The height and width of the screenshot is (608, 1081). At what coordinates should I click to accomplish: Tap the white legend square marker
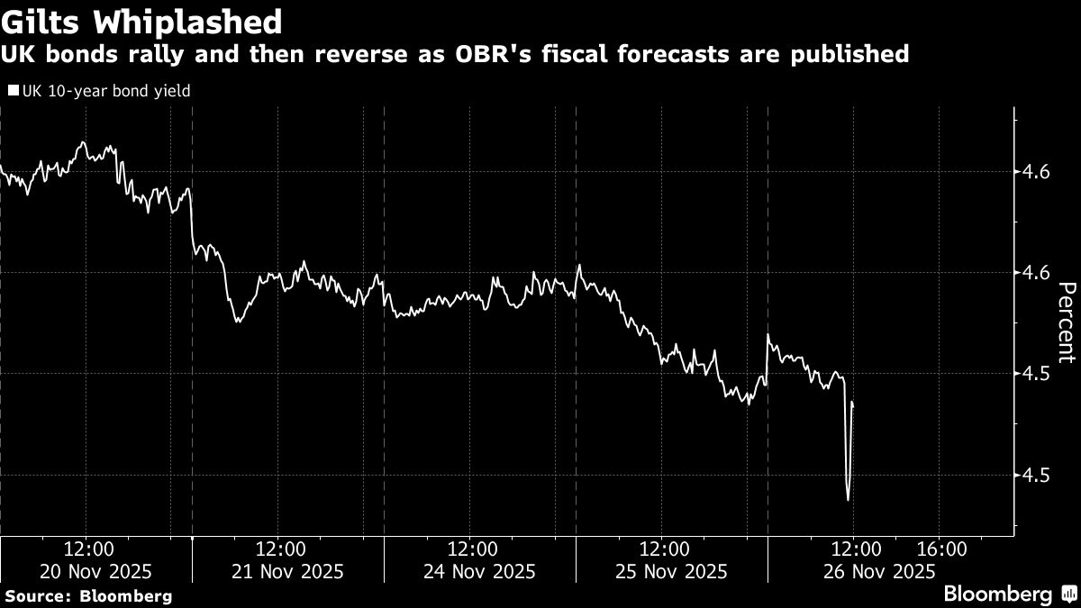(x=12, y=91)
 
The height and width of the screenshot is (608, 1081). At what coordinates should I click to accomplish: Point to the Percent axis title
(x=1067, y=322)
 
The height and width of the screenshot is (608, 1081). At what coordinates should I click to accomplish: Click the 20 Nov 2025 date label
(x=96, y=571)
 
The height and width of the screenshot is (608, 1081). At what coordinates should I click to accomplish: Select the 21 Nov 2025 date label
(x=288, y=571)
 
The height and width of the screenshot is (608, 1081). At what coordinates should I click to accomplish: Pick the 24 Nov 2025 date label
(x=480, y=571)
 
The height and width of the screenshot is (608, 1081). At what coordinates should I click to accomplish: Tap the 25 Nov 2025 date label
(x=672, y=571)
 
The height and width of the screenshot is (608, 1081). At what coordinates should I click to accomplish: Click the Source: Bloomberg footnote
(x=87, y=595)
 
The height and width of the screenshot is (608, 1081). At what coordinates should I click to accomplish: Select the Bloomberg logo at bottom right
(x=1009, y=594)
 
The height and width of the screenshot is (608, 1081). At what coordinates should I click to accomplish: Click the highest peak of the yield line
(x=82, y=142)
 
